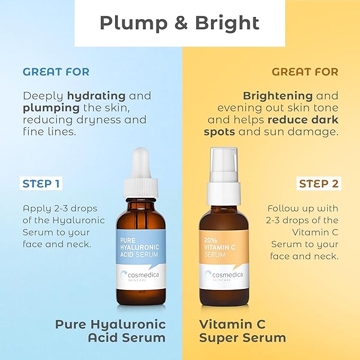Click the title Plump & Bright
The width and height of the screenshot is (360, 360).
point(180,23)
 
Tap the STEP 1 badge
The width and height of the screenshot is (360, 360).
point(41,184)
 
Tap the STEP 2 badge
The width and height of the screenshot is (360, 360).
point(318,184)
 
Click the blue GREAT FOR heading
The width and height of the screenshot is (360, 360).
point(56,72)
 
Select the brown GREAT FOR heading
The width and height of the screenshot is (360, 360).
point(305,72)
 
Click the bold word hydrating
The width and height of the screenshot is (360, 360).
point(96,96)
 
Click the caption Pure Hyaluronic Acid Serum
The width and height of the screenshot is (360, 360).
point(110,330)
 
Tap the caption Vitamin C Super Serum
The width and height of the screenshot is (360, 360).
point(242,330)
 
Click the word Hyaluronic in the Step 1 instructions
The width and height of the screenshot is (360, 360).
point(81,220)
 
